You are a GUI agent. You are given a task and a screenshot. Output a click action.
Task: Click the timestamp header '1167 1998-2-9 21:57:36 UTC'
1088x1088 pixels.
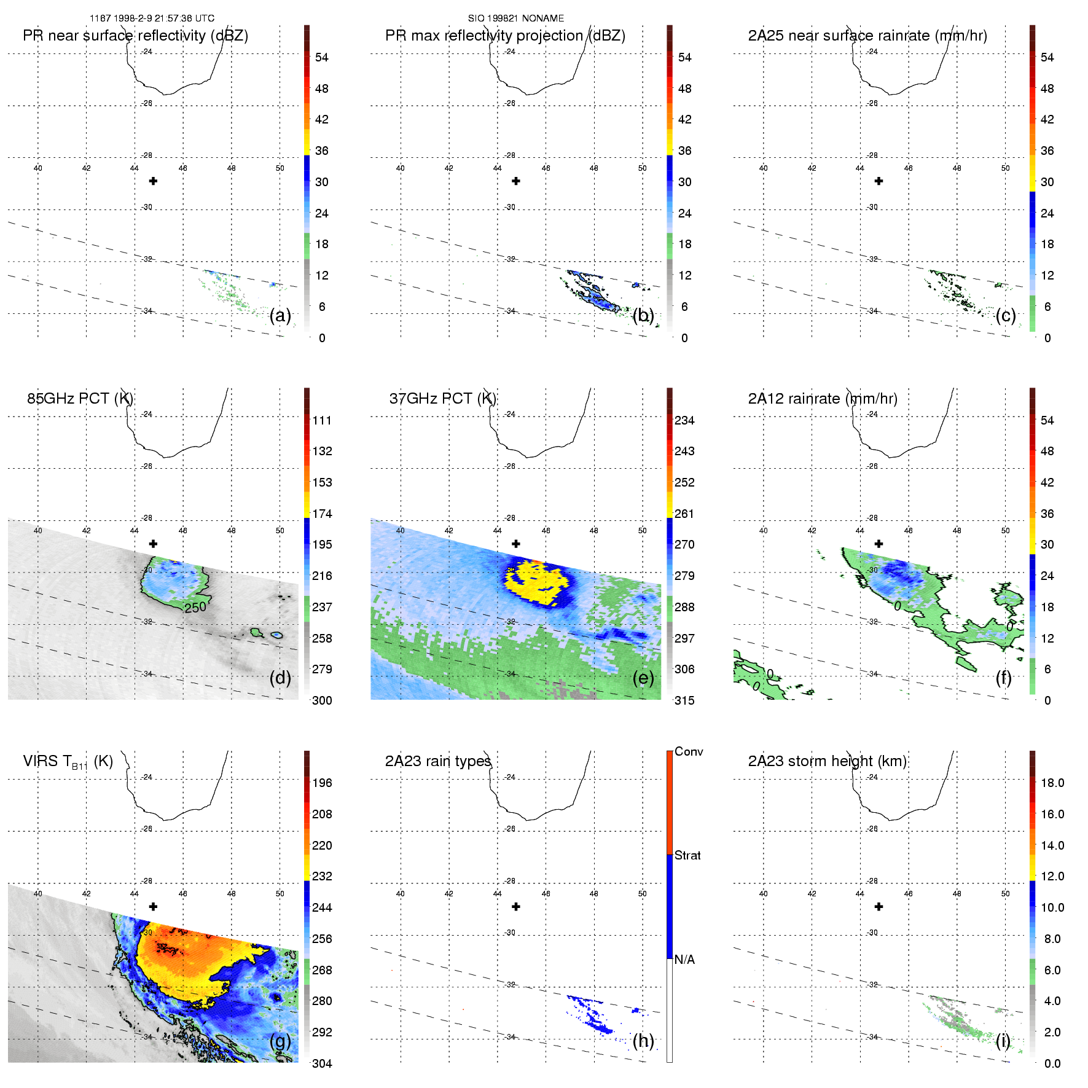point(152,18)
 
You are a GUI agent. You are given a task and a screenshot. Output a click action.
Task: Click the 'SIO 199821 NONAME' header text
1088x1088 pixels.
point(515,18)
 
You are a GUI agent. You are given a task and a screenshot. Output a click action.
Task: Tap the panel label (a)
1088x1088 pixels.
point(280,316)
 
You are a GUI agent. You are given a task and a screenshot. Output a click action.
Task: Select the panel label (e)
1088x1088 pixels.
point(643,678)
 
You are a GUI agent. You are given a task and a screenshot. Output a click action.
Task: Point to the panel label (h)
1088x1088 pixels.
point(643,1041)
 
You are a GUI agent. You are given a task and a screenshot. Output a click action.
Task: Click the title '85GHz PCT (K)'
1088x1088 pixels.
point(80,399)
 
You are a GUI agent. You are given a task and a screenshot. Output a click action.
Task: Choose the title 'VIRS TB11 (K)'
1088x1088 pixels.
point(68,762)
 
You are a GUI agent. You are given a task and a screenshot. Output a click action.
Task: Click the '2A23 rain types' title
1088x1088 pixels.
point(437,761)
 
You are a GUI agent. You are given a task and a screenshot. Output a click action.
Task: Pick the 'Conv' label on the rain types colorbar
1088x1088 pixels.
point(689,752)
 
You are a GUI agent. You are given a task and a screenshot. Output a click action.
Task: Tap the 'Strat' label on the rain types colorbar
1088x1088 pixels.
point(687,856)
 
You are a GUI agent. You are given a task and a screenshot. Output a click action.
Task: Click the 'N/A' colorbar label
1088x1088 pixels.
point(684,960)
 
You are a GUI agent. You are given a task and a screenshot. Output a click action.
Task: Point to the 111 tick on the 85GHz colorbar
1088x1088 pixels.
point(322,421)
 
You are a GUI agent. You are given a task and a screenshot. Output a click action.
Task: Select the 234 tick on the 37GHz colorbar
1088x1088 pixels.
point(684,421)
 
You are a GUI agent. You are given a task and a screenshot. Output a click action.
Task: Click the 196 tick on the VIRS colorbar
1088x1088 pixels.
point(322,783)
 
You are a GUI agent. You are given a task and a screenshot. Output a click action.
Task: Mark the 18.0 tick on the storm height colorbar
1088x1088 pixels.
point(1052,783)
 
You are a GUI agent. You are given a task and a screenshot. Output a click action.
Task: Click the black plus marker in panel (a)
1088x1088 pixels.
point(153,181)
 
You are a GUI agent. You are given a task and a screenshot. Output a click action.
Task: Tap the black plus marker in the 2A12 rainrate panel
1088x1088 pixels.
point(879,544)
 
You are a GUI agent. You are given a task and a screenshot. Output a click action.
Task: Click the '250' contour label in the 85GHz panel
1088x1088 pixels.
point(195,608)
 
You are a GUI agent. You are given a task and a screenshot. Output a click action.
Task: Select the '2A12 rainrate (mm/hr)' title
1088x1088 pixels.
point(822,399)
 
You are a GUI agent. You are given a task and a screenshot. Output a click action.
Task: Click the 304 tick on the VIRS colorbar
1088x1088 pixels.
point(322,1064)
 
